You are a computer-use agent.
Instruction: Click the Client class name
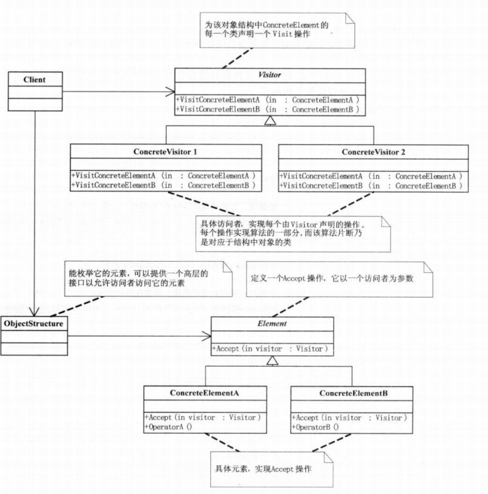tap(34, 80)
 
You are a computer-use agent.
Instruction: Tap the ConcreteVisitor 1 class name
tap(165, 151)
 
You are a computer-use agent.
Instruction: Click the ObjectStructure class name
tap(34, 324)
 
